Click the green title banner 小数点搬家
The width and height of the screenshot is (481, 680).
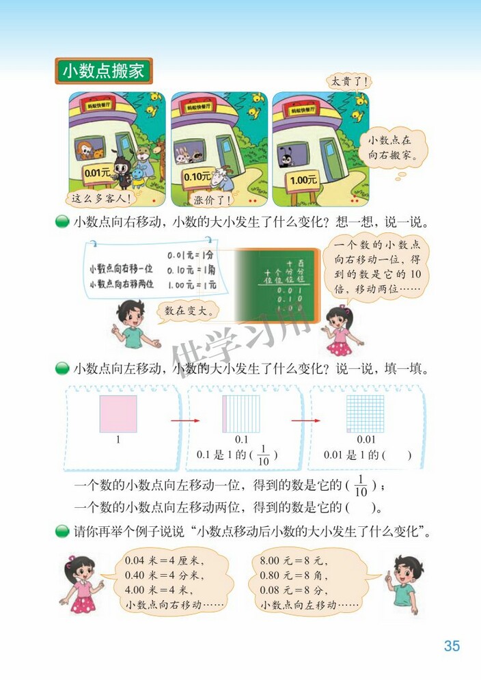pos(103,71)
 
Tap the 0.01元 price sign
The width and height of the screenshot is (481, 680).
pos(97,174)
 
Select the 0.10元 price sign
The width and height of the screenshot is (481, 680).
pos(197,176)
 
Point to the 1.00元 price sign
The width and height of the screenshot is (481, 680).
pos(303,180)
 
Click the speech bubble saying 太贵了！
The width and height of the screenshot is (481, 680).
pos(348,81)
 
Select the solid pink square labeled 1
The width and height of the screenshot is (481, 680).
pos(118,413)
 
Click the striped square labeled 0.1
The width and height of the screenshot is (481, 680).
pos(240,413)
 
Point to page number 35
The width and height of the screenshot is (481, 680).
pos(452,646)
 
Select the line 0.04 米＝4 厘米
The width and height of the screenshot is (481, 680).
pos(164,560)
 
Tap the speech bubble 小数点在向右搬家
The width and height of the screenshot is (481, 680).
pos(393,148)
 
